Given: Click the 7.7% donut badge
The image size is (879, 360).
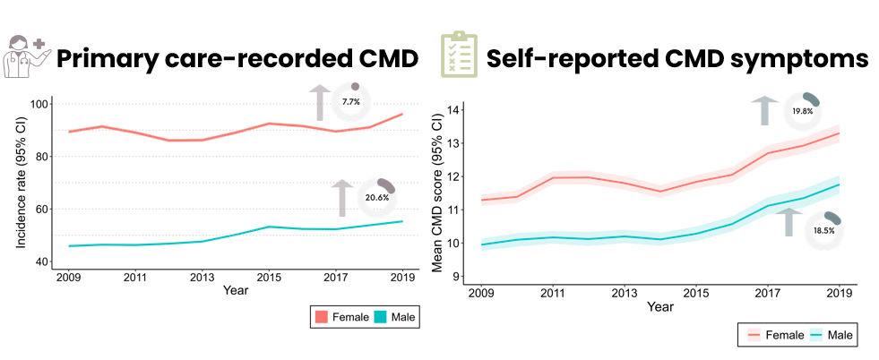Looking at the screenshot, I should (x=350, y=102).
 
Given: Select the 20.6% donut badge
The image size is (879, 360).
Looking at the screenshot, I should (x=375, y=196).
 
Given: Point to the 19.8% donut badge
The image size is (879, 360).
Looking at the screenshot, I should (x=802, y=111).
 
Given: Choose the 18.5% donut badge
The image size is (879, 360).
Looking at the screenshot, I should (x=823, y=229).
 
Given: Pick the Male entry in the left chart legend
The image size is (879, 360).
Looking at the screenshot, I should (x=394, y=316).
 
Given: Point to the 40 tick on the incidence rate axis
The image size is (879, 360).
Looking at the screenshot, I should (x=40, y=261).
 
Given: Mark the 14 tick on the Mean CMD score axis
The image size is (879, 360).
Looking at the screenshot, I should (x=452, y=110).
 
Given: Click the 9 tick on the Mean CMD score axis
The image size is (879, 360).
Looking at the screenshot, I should (x=455, y=276).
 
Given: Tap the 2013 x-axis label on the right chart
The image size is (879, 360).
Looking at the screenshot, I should (x=625, y=293).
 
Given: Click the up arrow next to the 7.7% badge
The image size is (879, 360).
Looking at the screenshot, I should (x=318, y=102).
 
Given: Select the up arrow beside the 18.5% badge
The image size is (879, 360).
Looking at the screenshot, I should (x=789, y=221).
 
